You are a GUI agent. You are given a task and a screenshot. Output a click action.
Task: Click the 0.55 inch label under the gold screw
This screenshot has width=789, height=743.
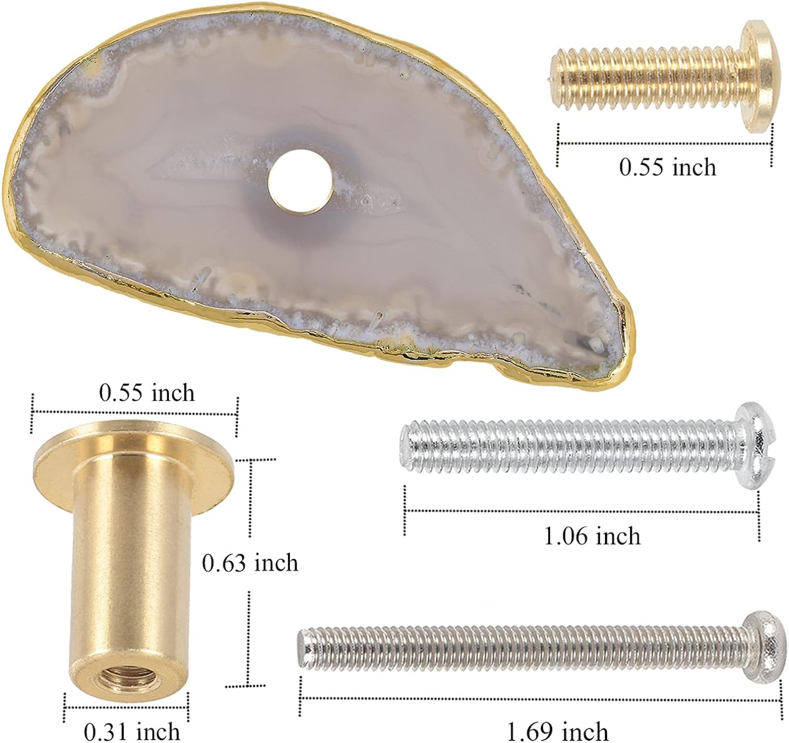667,166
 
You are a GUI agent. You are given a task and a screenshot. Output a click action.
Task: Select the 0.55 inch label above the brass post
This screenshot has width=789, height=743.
147,393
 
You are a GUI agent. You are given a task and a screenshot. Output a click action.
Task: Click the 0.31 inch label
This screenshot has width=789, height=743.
132,731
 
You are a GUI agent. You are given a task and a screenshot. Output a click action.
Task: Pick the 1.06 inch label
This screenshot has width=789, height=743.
592,536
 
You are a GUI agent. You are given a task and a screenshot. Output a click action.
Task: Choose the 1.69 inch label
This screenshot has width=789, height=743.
558,731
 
